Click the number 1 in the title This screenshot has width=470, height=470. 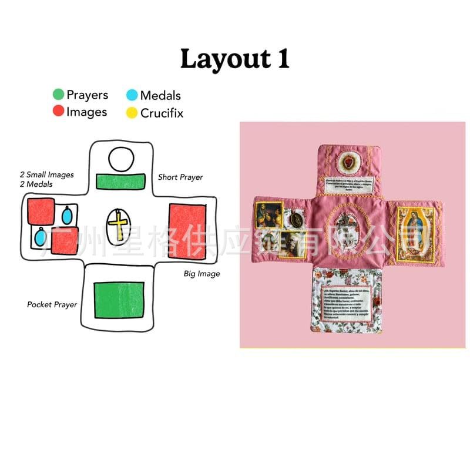click(x=283, y=60)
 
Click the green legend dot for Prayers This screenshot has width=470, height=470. click(x=58, y=95)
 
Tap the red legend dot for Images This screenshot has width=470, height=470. click(x=58, y=111)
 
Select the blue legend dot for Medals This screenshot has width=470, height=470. click(x=132, y=95)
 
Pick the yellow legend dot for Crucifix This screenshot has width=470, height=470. click(x=132, y=112)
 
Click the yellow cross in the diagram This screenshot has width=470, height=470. click(x=120, y=225)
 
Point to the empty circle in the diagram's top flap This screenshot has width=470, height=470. click(x=122, y=159)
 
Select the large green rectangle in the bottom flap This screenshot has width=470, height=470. click(x=119, y=300)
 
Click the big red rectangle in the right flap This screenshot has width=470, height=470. click(x=187, y=231)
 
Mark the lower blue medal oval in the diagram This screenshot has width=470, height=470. click(x=40, y=237)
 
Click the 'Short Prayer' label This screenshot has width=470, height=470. click(x=180, y=177)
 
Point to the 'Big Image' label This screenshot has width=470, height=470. click(x=202, y=274)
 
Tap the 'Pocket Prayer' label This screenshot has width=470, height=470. click(x=52, y=304)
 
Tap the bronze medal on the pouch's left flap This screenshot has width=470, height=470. click(x=296, y=220)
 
